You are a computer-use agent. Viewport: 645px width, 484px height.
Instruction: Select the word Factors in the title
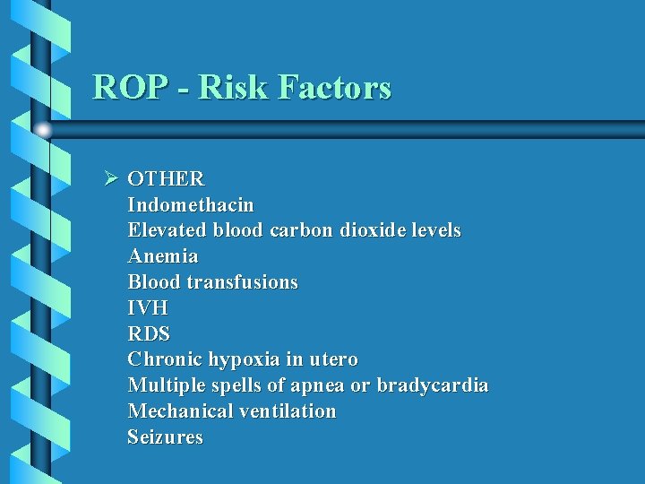(x=335, y=87)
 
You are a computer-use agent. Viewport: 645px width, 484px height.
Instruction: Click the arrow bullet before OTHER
(x=111, y=178)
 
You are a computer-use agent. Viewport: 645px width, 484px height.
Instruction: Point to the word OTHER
(x=166, y=179)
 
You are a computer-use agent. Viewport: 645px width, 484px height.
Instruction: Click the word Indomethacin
(x=191, y=204)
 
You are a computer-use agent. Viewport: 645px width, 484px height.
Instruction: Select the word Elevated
(x=168, y=230)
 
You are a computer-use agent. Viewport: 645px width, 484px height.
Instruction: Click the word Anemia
(x=163, y=256)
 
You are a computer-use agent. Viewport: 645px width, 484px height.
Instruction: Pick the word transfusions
(x=242, y=282)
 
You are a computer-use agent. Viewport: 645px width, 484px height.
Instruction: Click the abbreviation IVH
(x=148, y=308)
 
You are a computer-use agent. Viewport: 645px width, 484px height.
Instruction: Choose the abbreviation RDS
(x=149, y=334)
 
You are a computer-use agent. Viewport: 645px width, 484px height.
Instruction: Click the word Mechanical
(x=181, y=411)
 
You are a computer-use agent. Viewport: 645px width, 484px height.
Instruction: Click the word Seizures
(x=165, y=437)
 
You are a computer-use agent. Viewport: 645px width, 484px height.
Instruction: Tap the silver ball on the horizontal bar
(x=43, y=130)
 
